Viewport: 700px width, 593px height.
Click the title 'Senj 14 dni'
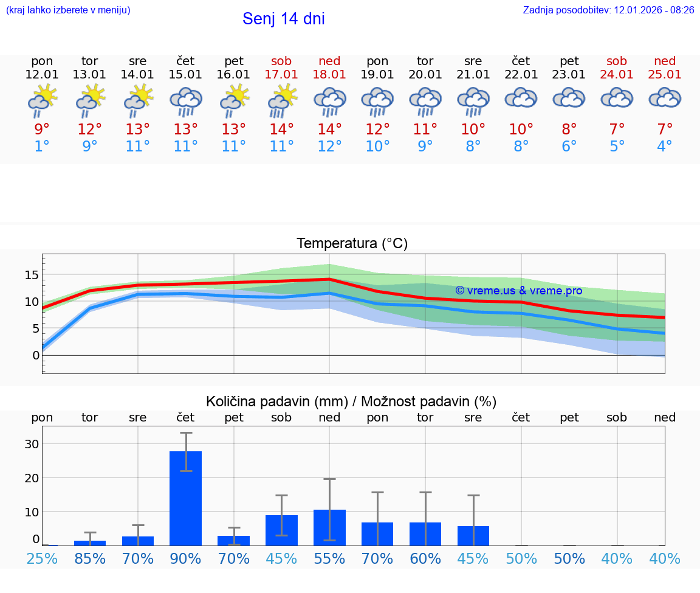283,19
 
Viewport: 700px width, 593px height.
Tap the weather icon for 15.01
185,101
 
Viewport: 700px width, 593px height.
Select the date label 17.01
281,74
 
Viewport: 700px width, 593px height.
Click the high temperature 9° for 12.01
42,129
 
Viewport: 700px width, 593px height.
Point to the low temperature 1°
42,146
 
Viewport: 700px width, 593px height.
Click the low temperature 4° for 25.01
665,146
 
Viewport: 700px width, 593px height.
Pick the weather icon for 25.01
665,99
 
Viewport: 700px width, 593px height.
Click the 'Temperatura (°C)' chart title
352,244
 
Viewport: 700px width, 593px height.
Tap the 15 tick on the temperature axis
32,275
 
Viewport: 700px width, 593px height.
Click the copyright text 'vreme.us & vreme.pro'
518,291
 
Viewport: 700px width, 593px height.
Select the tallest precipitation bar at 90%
185,498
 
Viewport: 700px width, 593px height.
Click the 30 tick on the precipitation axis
32,444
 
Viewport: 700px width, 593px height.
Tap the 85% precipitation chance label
90,558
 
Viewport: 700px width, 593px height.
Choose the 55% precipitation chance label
329,558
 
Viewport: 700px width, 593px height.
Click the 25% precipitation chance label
42,558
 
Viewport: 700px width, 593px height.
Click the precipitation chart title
351,401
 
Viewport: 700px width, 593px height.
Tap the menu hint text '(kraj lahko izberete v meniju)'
68,10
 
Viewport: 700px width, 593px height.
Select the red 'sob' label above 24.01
617,61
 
